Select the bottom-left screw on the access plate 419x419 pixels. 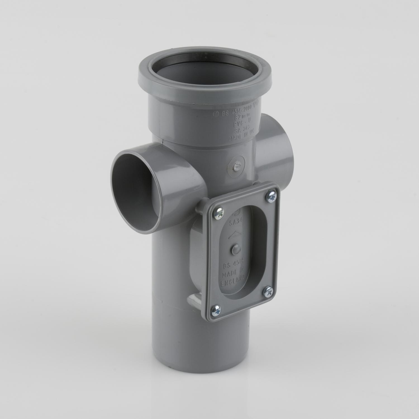coord(217,309)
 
